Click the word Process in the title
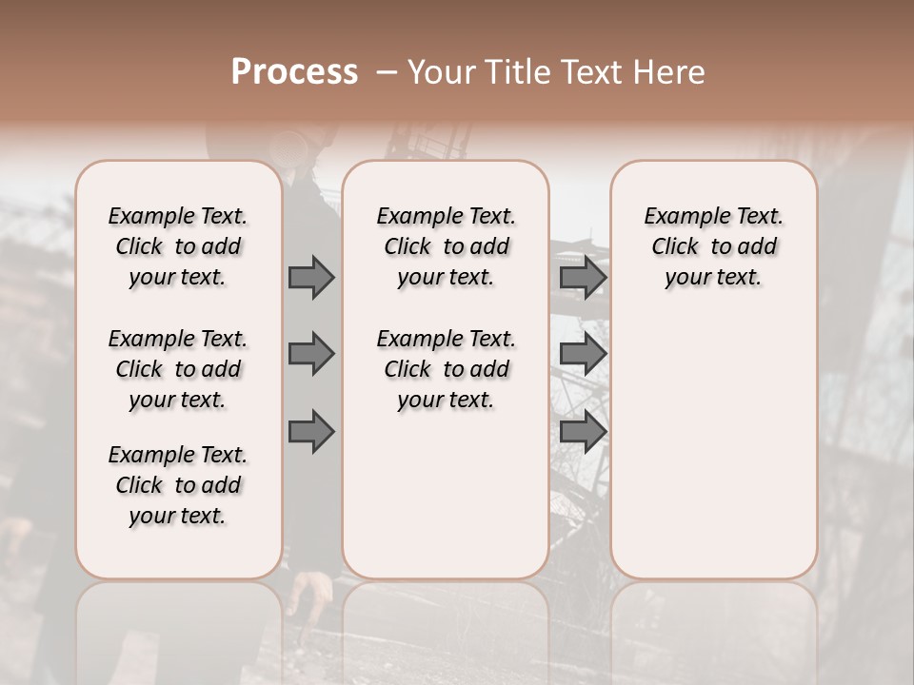[294, 71]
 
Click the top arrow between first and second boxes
[311, 277]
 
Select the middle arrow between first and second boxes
[311, 354]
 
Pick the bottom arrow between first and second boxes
[311, 432]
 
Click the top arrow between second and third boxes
[583, 277]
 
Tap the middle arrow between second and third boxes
[583, 354]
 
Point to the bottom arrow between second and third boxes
[583, 432]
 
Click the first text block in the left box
[178, 246]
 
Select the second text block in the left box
[178, 369]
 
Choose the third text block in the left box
[178, 485]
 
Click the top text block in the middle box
[446, 246]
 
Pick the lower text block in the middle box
[446, 369]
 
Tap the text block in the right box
[713, 246]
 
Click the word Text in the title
[592, 71]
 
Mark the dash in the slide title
[386, 72]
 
